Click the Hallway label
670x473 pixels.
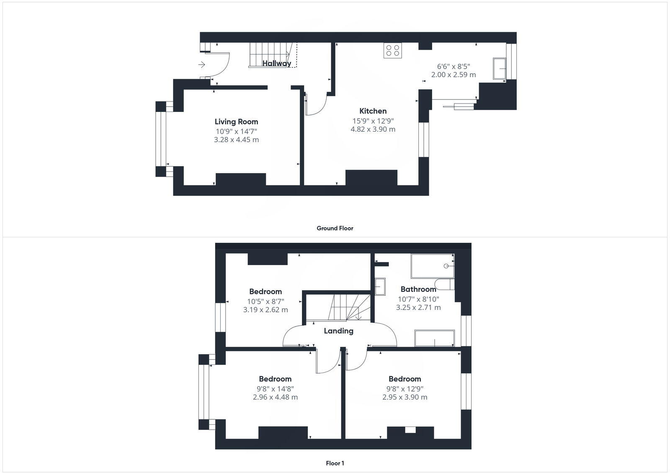pos(277,63)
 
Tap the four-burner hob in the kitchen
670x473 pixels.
pos(392,51)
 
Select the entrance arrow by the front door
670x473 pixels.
pos(202,65)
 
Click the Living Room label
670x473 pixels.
pos(236,122)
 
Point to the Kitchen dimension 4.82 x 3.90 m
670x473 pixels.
pos(373,129)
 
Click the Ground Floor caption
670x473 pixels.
pos(335,228)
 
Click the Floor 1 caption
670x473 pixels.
pos(335,463)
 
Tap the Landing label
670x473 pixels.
pos(338,331)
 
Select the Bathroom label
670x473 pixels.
pos(418,289)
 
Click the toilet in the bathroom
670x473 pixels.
pos(444,284)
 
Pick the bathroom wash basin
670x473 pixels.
pos(381,287)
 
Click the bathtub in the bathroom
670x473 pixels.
pos(433,266)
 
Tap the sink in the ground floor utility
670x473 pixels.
pos(500,69)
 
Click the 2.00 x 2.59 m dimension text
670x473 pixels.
pos(454,75)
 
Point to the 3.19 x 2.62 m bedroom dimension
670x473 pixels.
pos(265,310)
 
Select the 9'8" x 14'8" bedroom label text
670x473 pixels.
pos(275,388)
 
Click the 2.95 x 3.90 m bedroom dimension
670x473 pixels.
pos(405,397)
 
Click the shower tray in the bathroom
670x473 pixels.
pos(434,338)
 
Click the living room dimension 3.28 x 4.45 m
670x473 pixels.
pos(236,140)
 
